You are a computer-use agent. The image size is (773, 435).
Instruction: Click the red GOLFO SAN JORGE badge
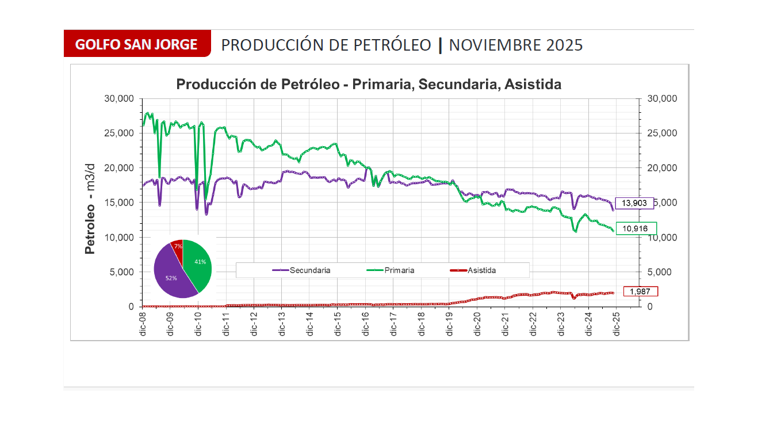(x=137, y=44)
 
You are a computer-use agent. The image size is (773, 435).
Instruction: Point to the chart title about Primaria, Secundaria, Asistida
(x=369, y=85)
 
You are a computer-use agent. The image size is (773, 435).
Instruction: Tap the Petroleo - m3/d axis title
(x=90, y=208)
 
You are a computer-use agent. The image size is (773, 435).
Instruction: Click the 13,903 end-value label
(x=634, y=203)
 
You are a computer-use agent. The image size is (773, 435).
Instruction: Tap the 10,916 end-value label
(x=636, y=228)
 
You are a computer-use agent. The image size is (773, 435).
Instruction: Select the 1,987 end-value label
(x=640, y=292)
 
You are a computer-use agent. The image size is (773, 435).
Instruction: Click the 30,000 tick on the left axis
(x=119, y=99)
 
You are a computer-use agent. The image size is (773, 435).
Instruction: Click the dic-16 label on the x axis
(x=365, y=324)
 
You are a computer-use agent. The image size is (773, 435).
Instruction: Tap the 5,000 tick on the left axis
(x=122, y=272)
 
